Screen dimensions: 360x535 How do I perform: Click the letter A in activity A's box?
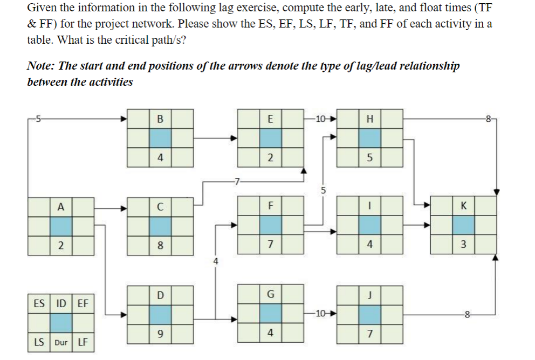(61, 207)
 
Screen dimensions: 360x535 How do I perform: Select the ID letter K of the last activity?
(463, 207)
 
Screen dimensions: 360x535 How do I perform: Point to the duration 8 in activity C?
(160, 246)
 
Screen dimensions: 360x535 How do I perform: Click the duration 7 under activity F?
(270, 246)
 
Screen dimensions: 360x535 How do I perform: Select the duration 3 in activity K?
(463, 246)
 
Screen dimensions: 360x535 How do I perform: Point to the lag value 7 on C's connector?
(235, 181)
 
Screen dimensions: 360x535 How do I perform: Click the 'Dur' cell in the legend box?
(61, 342)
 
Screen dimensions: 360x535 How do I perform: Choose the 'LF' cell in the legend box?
(83, 342)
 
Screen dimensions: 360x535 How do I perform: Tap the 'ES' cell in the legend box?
(39, 303)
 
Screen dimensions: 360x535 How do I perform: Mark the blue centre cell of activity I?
(369, 226)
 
